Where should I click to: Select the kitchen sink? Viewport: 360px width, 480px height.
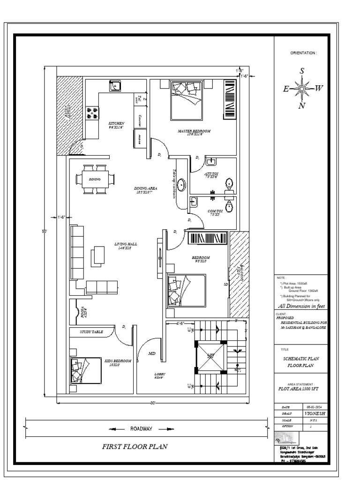pyautogui.click(x=115, y=85)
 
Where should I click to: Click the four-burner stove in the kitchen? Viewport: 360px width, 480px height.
pyautogui.click(x=92, y=113)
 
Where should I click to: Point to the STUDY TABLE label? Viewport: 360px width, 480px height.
pyautogui.click(x=91, y=332)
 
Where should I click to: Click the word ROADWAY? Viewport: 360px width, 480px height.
pyautogui.click(x=141, y=428)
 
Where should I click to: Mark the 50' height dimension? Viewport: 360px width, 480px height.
pyautogui.click(x=45, y=231)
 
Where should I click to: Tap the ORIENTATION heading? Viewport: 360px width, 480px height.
pyautogui.click(x=304, y=53)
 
